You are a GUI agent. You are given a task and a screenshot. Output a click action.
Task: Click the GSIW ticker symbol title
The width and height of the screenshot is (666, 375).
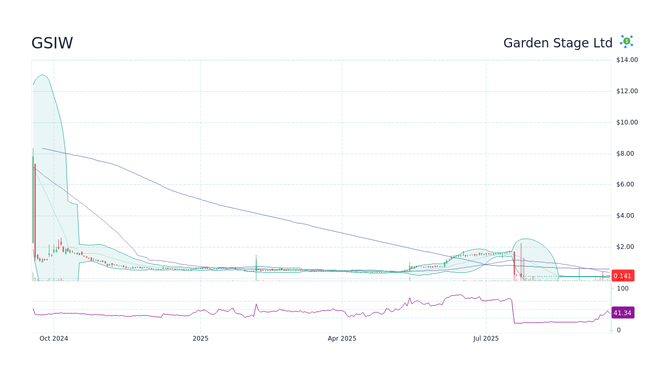point(52,43)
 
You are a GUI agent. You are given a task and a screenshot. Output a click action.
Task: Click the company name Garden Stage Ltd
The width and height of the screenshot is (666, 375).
point(558,43)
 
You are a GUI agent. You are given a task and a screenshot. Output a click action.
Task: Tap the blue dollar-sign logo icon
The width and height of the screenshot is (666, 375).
point(626,41)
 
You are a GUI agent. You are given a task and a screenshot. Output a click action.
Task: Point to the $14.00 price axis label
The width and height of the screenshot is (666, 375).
point(627,60)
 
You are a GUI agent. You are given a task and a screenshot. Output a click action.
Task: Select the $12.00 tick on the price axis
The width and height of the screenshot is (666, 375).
point(627,91)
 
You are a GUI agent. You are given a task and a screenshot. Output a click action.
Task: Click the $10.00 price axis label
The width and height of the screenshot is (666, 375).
point(627,122)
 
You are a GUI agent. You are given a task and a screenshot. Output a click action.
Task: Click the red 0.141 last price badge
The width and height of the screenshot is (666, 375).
point(622,276)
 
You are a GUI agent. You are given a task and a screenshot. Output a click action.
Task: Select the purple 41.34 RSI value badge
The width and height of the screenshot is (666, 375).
point(622,313)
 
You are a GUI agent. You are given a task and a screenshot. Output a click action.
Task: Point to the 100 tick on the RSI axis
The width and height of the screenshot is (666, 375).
point(622,289)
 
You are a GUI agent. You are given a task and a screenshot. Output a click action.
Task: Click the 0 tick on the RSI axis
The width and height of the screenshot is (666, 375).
point(619,330)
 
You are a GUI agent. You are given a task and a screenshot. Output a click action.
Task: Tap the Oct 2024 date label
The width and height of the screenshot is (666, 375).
point(54,339)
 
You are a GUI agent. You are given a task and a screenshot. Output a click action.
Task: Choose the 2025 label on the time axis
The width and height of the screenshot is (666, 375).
point(200,339)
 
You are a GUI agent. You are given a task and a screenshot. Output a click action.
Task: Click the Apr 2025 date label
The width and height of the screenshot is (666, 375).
point(342,339)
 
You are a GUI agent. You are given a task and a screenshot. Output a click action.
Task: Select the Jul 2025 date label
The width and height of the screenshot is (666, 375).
point(486,339)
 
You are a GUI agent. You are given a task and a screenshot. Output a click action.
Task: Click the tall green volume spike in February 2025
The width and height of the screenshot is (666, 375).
point(256,268)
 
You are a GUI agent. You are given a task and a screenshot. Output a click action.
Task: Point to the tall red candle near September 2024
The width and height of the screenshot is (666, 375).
point(35,208)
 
